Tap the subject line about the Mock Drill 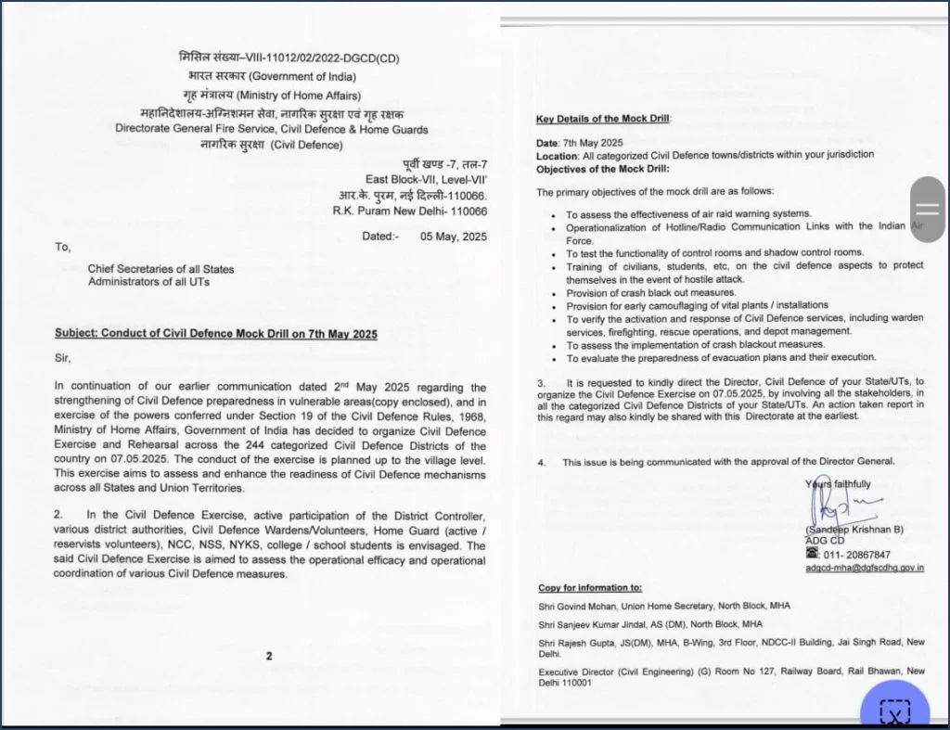pos(216,334)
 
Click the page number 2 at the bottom pos(269,656)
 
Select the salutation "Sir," pos(62,358)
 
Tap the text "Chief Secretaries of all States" pos(161,269)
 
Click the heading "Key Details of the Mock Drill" pos(602,119)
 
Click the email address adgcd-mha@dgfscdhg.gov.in pos(864,568)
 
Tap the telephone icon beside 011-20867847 pos(813,553)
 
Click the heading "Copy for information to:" pos(589,588)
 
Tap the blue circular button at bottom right pos(894,709)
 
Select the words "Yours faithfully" pos(838,484)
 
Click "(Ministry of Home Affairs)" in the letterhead pos(297,95)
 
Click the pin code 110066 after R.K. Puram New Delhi pos(467,211)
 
